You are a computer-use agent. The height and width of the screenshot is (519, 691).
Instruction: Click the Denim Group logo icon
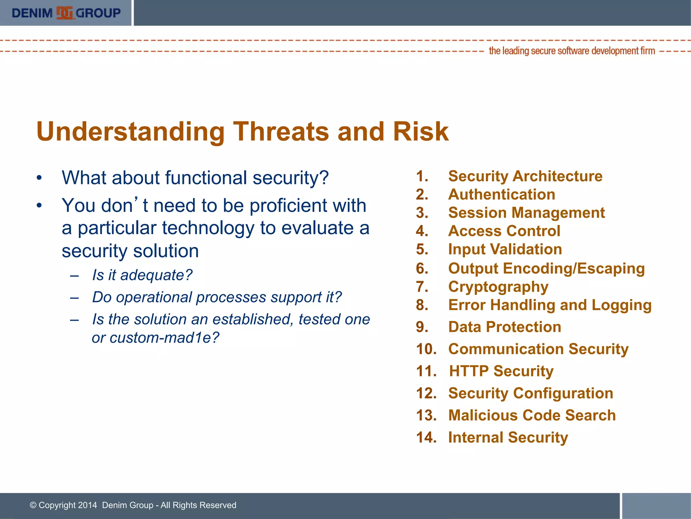(64, 13)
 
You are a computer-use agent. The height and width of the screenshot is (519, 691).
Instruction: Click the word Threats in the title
(281, 131)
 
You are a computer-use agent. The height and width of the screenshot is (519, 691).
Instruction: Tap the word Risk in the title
(420, 131)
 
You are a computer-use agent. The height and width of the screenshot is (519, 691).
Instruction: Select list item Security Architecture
(525, 176)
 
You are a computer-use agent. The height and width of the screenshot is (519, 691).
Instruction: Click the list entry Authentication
(501, 195)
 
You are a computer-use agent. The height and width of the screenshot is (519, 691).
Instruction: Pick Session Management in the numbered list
(526, 213)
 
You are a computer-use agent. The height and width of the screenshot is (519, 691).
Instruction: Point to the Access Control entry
(504, 231)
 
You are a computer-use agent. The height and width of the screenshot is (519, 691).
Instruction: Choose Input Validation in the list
(505, 249)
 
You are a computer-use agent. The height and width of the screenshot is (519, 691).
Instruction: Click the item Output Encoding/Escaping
(546, 269)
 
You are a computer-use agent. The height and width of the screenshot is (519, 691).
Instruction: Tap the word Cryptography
(498, 287)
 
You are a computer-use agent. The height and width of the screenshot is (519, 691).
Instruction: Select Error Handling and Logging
(550, 305)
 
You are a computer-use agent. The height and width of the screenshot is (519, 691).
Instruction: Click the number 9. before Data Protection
(422, 327)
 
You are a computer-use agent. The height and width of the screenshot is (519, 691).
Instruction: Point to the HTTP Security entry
(501, 371)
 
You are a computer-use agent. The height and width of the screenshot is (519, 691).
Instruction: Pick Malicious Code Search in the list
(532, 415)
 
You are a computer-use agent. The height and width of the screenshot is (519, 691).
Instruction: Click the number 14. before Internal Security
(426, 438)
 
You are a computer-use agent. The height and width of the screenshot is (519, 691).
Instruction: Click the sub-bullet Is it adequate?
(142, 275)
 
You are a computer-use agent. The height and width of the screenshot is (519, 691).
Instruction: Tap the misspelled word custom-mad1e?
(164, 338)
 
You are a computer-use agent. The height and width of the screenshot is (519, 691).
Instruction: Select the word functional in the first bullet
(206, 178)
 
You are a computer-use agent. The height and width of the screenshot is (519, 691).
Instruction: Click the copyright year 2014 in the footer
(87, 505)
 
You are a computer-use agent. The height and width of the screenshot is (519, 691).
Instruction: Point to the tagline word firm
(647, 51)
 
